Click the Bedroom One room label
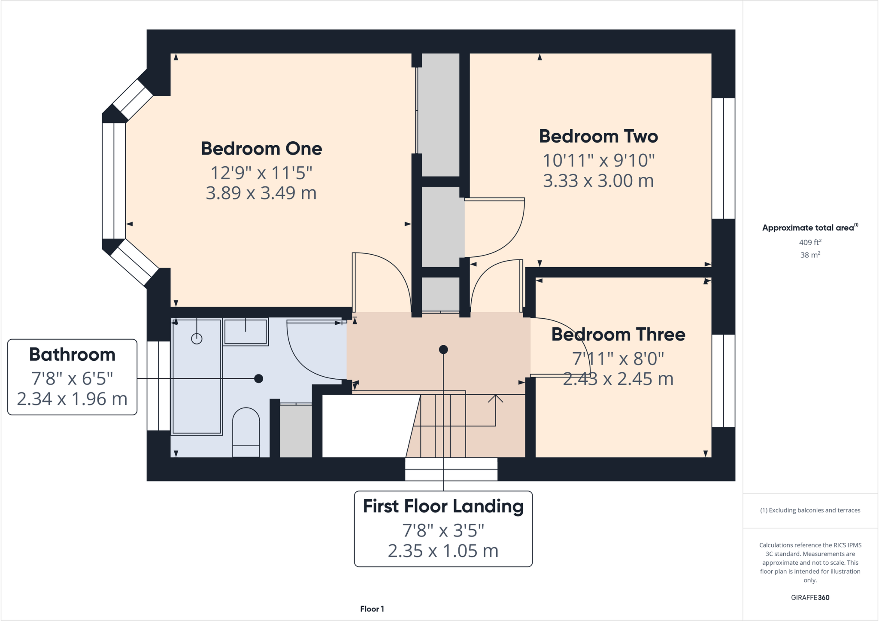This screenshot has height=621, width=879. tap(261, 149)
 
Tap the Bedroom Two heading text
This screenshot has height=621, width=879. tap(598, 137)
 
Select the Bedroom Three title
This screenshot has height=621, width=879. tap(618, 335)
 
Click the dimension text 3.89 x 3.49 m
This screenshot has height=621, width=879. tap(261, 193)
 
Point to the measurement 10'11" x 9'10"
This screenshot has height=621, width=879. tap(598, 161)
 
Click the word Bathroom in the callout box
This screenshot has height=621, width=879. tap(72, 355)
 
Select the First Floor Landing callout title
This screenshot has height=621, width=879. tap(443, 506)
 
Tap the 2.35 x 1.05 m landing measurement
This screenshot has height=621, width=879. tap(443, 551)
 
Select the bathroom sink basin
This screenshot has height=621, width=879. tap(246, 332)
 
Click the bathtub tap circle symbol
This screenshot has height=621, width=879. tap(197, 339)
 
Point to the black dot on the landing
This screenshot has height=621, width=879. tap(443, 350)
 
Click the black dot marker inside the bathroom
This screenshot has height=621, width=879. tap(258, 378)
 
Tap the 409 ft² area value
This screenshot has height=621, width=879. tap(810, 242)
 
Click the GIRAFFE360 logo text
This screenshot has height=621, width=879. tap(810, 597)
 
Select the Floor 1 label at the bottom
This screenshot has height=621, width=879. tap(372, 609)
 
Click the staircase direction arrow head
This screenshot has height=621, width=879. tap(495, 398)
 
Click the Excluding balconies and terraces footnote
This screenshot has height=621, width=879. tap(810, 510)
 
